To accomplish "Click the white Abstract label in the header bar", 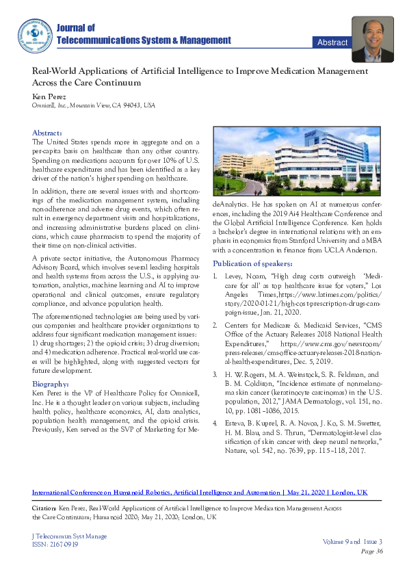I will pos(332,42).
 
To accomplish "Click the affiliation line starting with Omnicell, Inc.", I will pos(94,105).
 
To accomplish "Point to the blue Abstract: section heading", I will pos(47,132).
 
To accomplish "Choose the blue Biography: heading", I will pos(51,384).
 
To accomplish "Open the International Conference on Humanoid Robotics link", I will pos(155,473).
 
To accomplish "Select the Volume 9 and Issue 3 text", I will pos(354,542).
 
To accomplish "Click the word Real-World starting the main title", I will pos(58,70).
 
